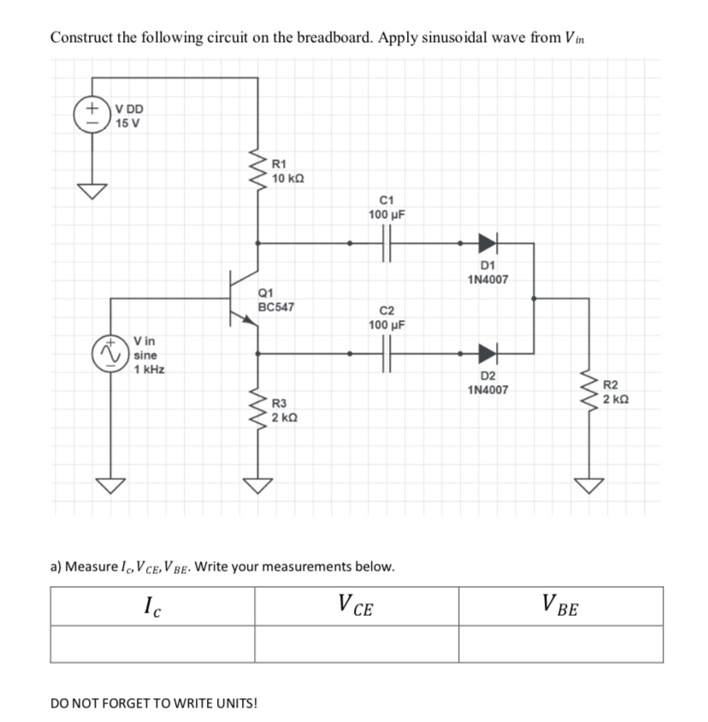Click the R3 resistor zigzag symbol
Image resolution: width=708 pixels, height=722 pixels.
(x=257, y=408)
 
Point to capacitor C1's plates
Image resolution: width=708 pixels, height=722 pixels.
(x=387, y=243)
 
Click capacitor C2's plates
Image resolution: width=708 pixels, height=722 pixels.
(x=387, y=352)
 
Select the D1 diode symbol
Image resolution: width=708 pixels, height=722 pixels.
(x=487, y=243)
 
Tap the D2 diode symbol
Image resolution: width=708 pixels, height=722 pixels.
(x=487, y=352)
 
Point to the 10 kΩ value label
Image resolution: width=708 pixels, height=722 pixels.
(x=288, y=178)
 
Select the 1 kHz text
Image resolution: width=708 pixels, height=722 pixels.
(x=150, y=370)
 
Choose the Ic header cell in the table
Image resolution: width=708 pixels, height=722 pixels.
(x=152, y=607)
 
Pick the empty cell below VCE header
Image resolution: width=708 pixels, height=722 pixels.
(x=357, y=644)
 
